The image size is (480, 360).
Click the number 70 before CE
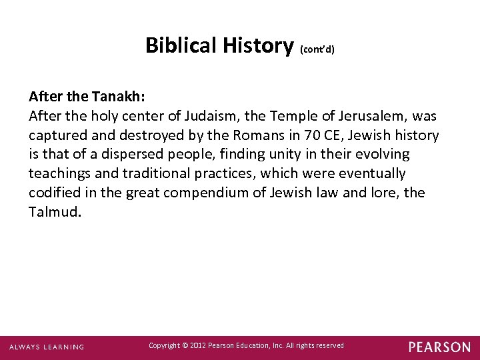pyautogui.click(x=311, y=135)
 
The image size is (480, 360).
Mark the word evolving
pyautogui.click(x=380, y=155)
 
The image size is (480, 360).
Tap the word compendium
pyautogui.click(x=199, y=193)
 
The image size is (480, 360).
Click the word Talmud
pyautogui.click(x=55, y=213)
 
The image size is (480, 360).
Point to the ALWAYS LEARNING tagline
pyautogui.click(x=46, y=347)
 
